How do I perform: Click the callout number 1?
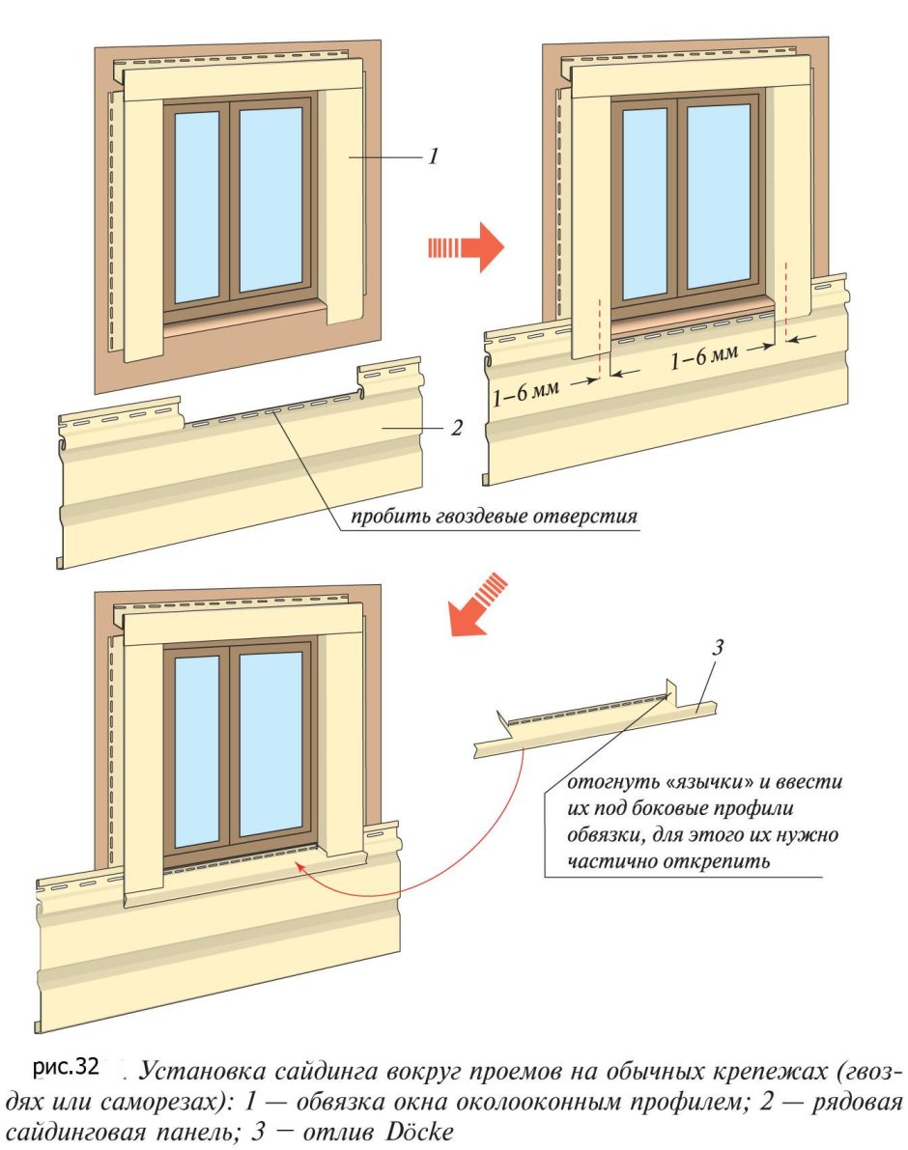pos(434,156)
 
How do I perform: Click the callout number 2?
pos(457,428)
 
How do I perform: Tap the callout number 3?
pos(718,647)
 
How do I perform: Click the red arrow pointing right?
pos(467,247)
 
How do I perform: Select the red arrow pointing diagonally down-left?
pos(477,603)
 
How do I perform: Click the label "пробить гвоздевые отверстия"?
pos(494,516)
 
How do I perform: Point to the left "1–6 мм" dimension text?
pos(525,392)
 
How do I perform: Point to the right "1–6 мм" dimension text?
pos(704,356)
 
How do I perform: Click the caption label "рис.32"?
pos(66,1066)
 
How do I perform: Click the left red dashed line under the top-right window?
pos(600,337)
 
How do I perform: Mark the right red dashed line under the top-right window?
pos(786,300)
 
